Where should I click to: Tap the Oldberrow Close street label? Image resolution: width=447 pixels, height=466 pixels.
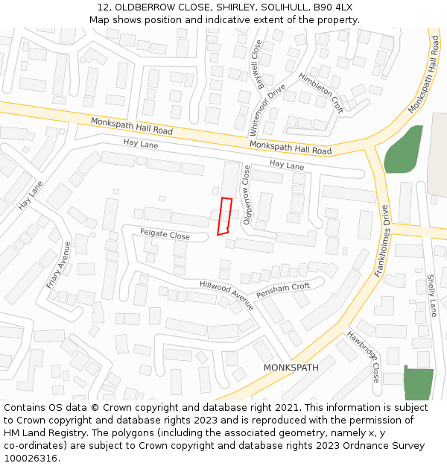(247, 195)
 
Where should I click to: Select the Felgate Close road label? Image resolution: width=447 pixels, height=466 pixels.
(165, 234)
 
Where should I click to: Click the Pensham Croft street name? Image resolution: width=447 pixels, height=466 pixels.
(282, 291)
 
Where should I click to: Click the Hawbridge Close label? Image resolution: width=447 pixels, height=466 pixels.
(364, 357)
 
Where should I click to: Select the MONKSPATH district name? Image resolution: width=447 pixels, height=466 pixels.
(291, 368)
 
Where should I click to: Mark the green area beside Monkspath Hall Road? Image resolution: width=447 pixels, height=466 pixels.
(402, 151)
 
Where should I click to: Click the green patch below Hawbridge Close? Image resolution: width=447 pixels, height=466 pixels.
(418, 383)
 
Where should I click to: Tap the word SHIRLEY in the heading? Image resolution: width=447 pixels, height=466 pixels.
(226, 7)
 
